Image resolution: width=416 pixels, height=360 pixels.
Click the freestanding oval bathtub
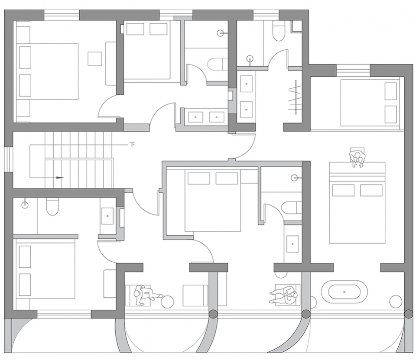point(344,292)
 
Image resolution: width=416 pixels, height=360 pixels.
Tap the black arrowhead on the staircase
point(60,178)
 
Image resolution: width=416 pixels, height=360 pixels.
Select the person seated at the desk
point(357,159)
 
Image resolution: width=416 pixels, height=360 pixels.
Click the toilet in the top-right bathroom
point(278,31)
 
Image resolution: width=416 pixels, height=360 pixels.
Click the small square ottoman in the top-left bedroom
point(95,58)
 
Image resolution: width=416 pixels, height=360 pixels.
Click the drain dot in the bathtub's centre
point(344,292)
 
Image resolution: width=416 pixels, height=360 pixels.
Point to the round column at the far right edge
point(409,314)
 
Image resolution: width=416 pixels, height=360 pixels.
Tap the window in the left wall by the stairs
point(8,159)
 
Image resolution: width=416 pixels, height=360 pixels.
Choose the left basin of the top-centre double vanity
point(196,117)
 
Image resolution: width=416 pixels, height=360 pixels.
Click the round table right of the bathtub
point(396,302)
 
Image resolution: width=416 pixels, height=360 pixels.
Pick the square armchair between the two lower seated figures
point(195,296)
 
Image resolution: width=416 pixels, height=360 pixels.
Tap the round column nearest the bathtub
point(306,314)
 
